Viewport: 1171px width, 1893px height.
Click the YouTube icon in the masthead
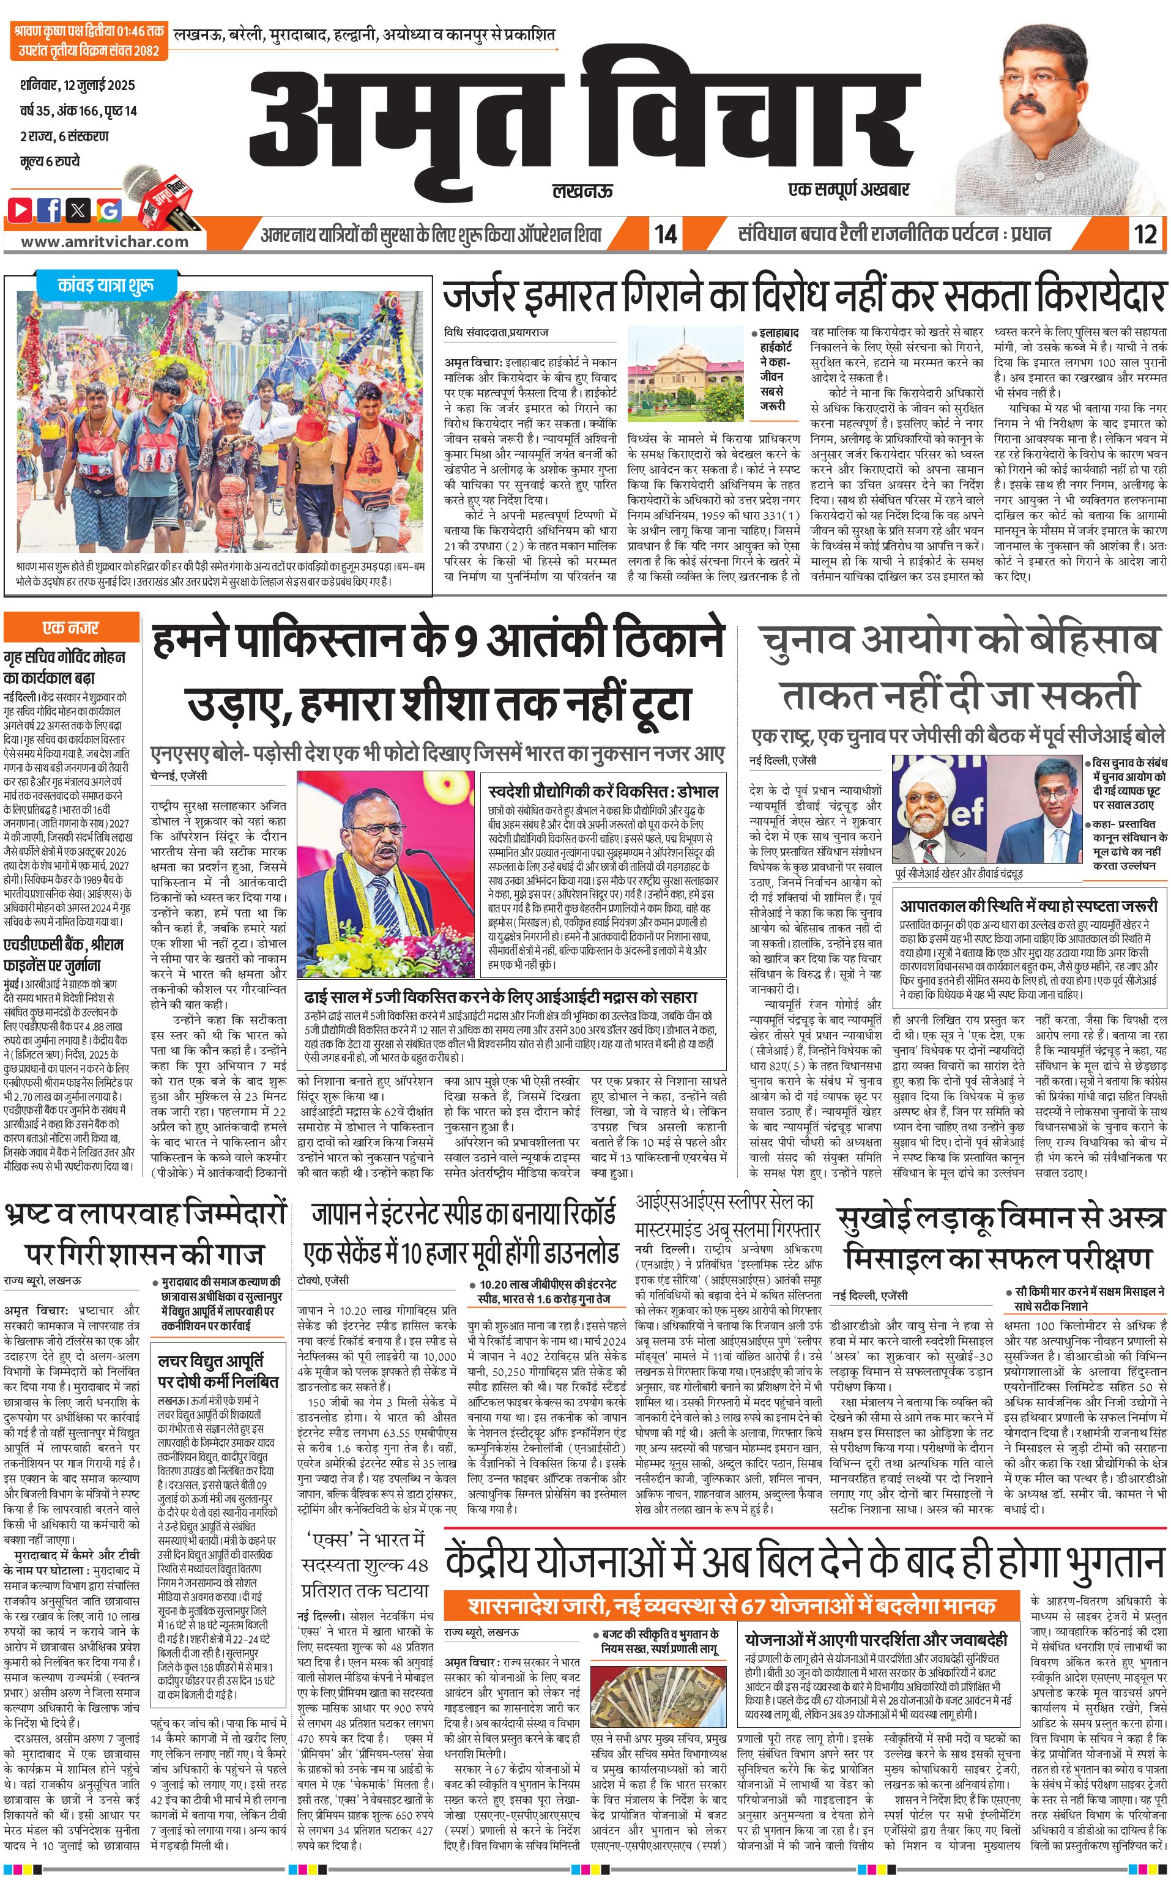pyautogui.click(x=20, y=209)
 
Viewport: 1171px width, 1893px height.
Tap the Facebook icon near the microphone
pyautogui.click(x=49, y=209)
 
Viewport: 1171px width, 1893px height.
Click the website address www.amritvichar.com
pyautogui.click(x=105, y=242)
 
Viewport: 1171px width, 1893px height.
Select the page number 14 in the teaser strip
pyautogui.click(x=665, y=234)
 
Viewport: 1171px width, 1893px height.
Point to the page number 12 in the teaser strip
pyautogui.click(x=1145, y=234)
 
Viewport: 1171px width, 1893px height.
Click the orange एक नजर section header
pyautogui.click(x=71, y=627)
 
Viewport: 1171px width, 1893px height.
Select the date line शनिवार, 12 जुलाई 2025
pyautogui.click(x=78, y=84)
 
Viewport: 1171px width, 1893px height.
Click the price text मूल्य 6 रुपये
pyautogui.click(x=50, y=161)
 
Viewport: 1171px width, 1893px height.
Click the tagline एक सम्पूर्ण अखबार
pyautogui.click(x=848, y=190)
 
